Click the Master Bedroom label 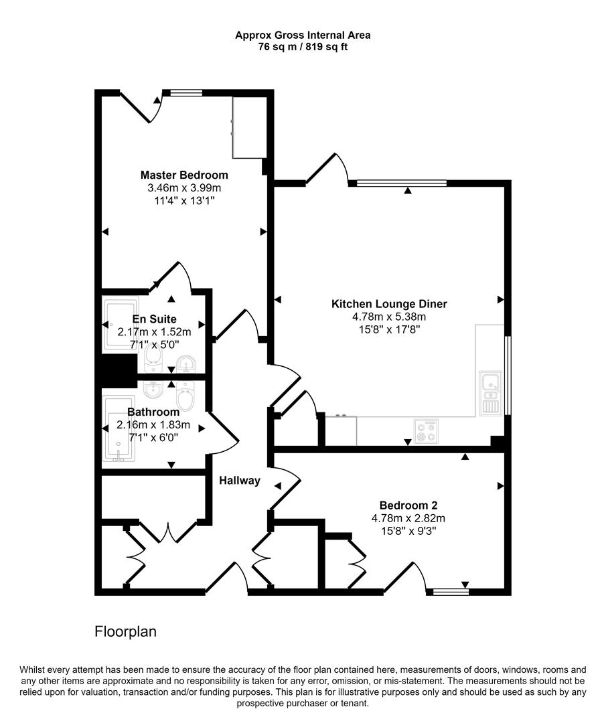pos(184,175)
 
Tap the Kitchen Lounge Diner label pos(389,304)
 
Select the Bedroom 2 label pos(408,505)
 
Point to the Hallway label pos(240,481)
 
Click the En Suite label pos(154,319)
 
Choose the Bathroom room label pos(153,412)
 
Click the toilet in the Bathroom pos(187,397)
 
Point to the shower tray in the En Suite pos(121,325)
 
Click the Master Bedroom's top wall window pos(185,93)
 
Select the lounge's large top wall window pos(402,183)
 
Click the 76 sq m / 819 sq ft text pos(303,48)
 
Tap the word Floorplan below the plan pos(125,631)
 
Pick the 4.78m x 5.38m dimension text pos(389,317)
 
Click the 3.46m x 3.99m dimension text pos(184,187)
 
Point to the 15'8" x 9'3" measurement pos(408,530)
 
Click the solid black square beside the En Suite pos(115,370)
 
